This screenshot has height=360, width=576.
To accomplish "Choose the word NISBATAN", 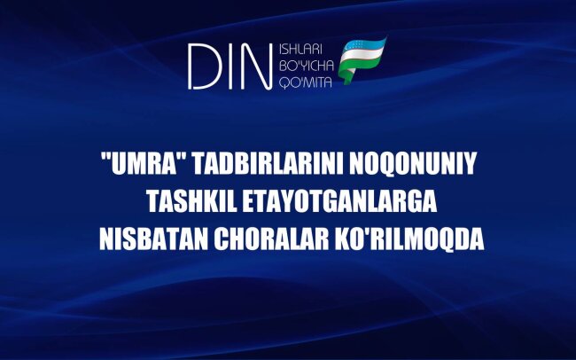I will tap(146, 239).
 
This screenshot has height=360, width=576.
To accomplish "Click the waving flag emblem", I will tap(363, 60).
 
